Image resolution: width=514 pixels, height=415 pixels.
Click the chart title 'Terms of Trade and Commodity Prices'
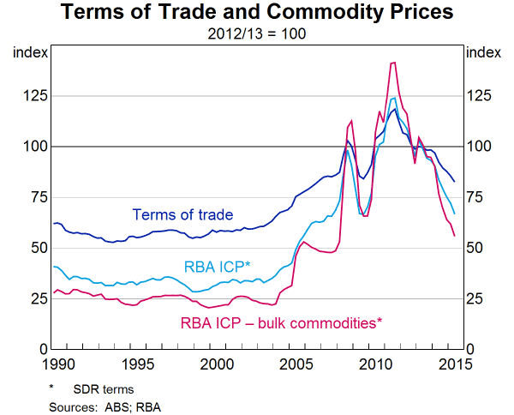pyautogui.click(x=256, y=13)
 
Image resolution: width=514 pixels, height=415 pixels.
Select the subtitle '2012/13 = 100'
pyautogui.click(x=256, y=34)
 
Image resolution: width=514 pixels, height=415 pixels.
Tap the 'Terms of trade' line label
pyautogui.click(x=182, y=214)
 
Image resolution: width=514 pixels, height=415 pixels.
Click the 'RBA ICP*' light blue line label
pyautogui.click(x=218, y=268)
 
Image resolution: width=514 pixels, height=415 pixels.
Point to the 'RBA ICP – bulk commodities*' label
pyautogui.click(x=280, y=323)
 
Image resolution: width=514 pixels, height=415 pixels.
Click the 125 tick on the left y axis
pyautogui.click(x=31, y=95)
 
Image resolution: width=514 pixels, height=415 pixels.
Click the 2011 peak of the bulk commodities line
pyautogui.click(x=392, y=63)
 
